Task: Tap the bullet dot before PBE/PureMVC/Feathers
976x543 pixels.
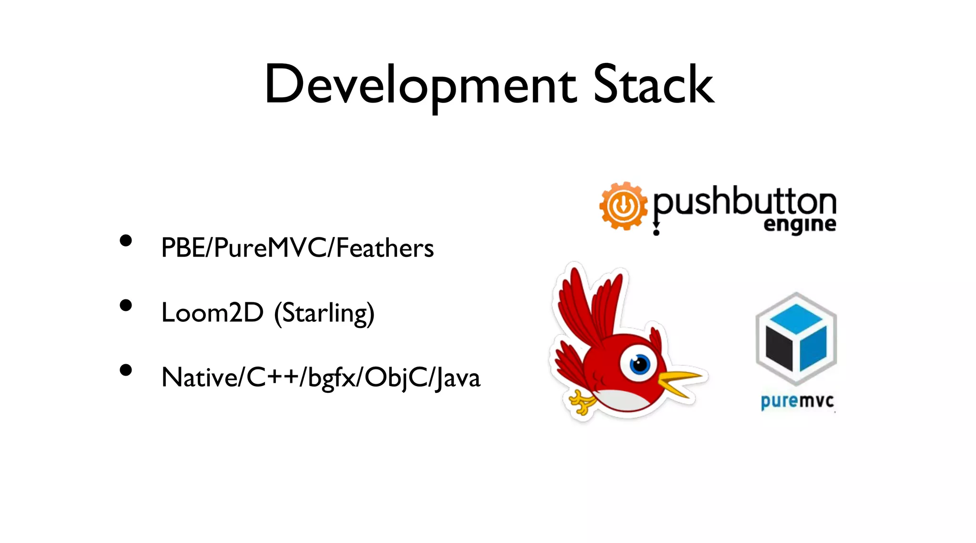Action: pyautogui.click(x=126, y=241)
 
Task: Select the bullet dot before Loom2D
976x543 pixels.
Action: pyautogui.click(x=126, y=306)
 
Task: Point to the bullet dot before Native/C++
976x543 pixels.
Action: pyautogui.click(x=126, y=370)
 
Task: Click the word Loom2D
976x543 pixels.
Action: pyautogui.click(x=212, y=313)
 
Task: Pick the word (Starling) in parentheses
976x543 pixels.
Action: pyautogui.click(x=324, y=314)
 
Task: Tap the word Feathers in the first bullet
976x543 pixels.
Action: pyautogui.click(x=385, y=248)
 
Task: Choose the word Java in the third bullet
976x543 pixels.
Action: pyautogui.click(x=457, y=378)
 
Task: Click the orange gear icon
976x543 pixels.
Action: pyautogui.click(x=623, y=206)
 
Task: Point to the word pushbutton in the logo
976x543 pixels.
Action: pyautogui.click(x=744, y=203)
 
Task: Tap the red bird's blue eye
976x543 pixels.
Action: pyautogui.click(x=640, y=365)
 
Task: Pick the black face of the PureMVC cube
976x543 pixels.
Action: pyautogui.click(x=779, y=348)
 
